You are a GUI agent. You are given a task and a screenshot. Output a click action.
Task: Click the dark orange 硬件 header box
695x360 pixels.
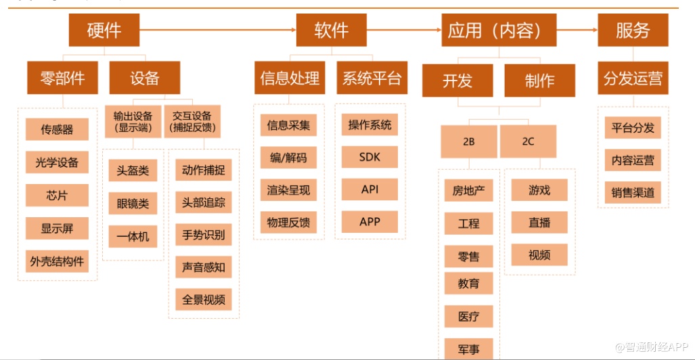pyautogui.click(x=104, y=30)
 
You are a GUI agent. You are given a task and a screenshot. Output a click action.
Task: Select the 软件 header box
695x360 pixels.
pyautogui.click(x=331, y=30)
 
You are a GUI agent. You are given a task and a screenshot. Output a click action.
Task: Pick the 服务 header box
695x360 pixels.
pyautogui.click(x=633, y=30)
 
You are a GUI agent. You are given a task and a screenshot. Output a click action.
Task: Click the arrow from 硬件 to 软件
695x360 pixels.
pyautogui.click(x=217, y=30)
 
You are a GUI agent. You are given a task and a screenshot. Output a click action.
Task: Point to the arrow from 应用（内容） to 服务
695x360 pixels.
pyautogui.click(x=576, y=30)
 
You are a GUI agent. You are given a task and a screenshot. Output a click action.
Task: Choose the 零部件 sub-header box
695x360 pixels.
pyautogui.click(x=62, y=78)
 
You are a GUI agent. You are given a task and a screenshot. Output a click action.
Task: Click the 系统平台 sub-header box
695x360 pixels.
pyautogui.click(x=372, y=78)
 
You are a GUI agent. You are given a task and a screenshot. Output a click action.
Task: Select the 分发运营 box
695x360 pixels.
pyautogui.click(x=633, y=79)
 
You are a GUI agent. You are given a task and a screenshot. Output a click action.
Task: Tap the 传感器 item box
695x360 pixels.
pyautogui.click(x=57, y=129)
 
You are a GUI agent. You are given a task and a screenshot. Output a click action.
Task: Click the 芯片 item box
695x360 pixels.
pyautogui.click(x=57, y=195)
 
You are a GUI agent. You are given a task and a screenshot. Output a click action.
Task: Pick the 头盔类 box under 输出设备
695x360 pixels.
pyautogui.click(x=133, y=171)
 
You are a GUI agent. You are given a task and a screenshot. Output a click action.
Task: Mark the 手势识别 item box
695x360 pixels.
pyautogui.click(x=203, y=235)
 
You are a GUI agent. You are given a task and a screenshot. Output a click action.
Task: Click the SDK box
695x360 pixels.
pyautogui.click(x=369, y=157)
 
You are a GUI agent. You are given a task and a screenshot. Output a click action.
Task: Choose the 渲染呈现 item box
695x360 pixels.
pyautogui.click(x=288, y=190)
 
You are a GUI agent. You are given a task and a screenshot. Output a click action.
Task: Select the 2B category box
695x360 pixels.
pyautogui.click(x=468, y=141)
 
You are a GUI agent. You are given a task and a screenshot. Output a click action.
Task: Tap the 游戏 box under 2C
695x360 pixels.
pyautogui.click(x=539, y=190)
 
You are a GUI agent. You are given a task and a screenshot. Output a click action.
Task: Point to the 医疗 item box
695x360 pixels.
pyautogui.click(x=468, y=316)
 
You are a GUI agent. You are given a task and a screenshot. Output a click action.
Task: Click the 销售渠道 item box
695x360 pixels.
pyautogui.click(x=633, y=193)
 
